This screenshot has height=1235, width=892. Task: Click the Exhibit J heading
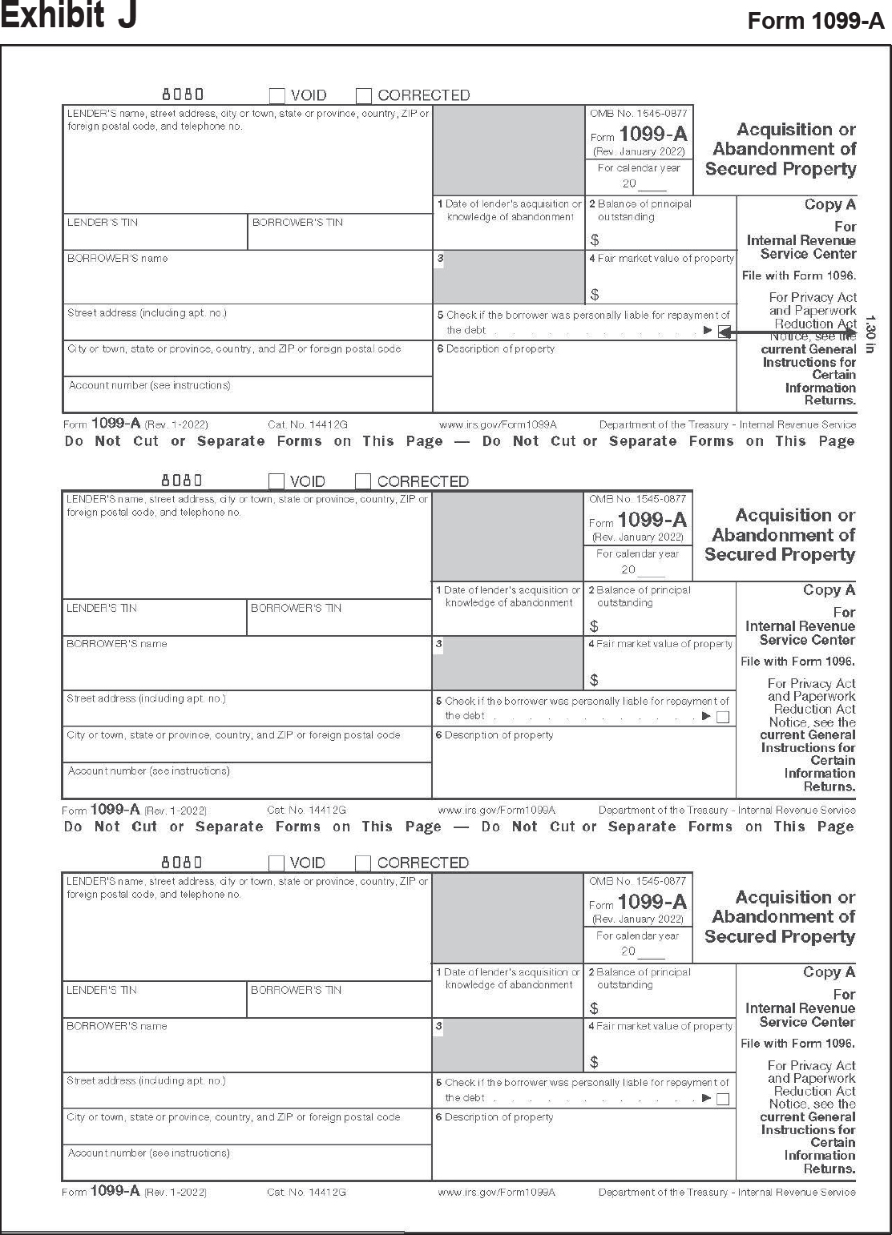coord(69,15)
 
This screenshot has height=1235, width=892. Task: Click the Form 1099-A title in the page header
coord(815,22)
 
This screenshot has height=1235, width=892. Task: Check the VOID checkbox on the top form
coord(277,96)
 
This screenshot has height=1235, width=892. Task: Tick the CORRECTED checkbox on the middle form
coord(363,481)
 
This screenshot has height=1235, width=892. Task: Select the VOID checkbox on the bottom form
coord(276,863)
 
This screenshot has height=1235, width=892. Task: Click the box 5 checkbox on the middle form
coord(723,717)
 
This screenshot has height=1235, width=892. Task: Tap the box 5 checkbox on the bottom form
coord(723,1099)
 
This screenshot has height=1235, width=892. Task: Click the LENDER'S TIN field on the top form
coord(155,232)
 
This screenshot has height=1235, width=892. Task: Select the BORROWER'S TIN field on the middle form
coord(338,618)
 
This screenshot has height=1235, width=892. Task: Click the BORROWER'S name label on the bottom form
coord(117,1026)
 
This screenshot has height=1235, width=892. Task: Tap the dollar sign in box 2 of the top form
coord(595,240)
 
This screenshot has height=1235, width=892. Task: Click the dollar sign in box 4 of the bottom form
coord(594,1063)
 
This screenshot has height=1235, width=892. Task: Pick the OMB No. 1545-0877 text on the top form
coord(638,114)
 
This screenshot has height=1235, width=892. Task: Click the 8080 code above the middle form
coord(182,481)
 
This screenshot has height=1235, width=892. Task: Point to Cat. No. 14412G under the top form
coord(308,425)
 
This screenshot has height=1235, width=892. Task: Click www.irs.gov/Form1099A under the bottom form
coord(497,1193)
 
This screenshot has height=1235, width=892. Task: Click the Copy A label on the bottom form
coord(829,972)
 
